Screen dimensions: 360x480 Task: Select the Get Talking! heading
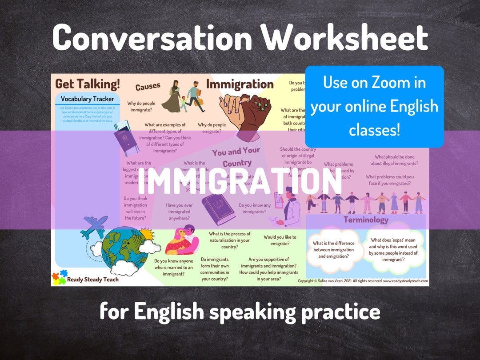click(x=88, y=84)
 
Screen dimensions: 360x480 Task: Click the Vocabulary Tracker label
click(x=87, y=99)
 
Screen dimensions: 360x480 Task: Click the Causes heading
click(x=148, y=87)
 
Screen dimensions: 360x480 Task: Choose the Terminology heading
click(x=366, y=220)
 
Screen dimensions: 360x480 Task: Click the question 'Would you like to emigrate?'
click(x=280, y=240)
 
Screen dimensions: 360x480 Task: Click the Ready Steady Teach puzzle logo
click(x=59, y=278)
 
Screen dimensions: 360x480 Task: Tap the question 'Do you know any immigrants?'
click(x=254, y=208)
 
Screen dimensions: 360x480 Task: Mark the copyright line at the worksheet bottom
click(x=363, y=281)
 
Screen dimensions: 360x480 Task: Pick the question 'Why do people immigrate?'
click(x=141, y=107)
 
